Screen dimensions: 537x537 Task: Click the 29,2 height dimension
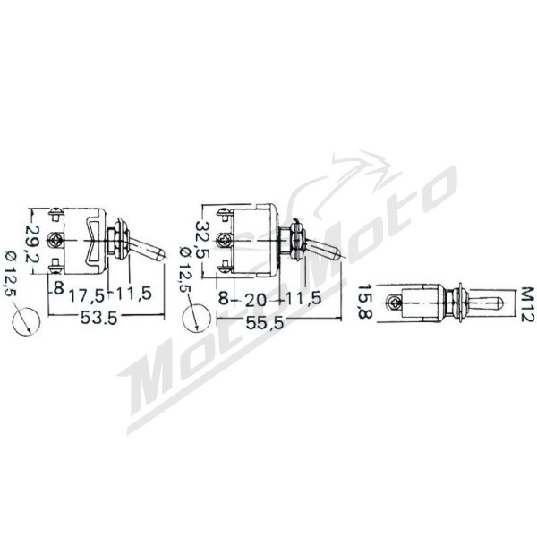33,243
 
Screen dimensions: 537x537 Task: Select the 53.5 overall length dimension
99,317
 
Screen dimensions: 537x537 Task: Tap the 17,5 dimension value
86,295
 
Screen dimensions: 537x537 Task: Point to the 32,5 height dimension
203,240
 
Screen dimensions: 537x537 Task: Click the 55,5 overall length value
265,322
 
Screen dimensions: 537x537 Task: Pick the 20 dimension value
255,300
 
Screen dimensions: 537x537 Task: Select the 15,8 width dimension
364,301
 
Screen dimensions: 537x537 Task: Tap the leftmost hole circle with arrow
26,322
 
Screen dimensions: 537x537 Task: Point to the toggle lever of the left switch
146,247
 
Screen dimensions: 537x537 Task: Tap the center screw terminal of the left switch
55,239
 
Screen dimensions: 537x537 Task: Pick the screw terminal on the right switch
394,303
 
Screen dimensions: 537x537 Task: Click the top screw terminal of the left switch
55,214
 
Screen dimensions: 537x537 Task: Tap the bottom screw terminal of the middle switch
225,266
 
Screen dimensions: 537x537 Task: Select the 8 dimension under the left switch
58,288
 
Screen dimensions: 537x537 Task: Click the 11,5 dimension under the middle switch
303,298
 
